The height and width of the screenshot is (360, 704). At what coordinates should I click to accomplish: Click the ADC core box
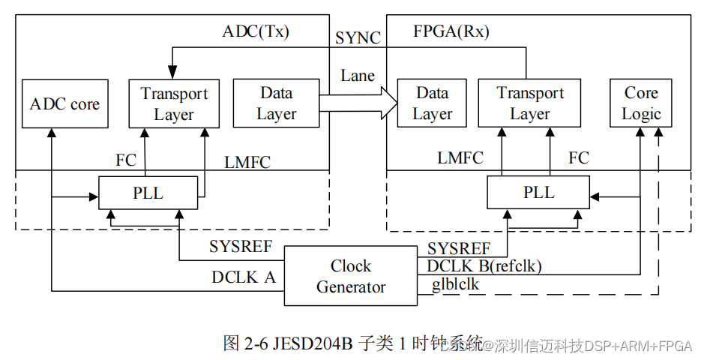click(64, 103)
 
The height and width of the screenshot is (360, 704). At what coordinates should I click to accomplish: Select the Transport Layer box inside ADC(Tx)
click(174, 103)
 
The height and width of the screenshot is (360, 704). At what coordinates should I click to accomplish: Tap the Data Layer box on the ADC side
click(277, 103)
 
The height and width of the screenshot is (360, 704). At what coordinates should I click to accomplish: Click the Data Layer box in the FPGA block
click(432, 103)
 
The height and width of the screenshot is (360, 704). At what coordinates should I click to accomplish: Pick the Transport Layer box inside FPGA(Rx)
click(530, 103)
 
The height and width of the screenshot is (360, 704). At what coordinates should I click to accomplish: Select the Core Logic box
click(641, 103)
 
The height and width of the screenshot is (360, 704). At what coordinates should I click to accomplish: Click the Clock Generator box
click(351, 276)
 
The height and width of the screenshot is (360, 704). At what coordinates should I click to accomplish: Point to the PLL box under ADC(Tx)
click(148, 193)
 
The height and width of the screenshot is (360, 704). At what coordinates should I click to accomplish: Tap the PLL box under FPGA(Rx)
click(539, 193)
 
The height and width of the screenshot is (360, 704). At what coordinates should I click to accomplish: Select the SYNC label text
click(358, 37)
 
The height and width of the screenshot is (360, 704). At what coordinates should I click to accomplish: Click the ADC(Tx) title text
click(256, 31)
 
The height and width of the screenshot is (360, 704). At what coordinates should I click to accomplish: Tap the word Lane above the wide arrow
click(358, 75)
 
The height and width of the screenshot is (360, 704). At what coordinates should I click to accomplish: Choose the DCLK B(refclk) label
click(484, 265)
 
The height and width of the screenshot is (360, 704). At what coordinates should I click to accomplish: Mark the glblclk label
click(455, 284)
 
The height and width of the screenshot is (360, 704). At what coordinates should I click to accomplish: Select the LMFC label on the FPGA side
click(460, 157)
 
